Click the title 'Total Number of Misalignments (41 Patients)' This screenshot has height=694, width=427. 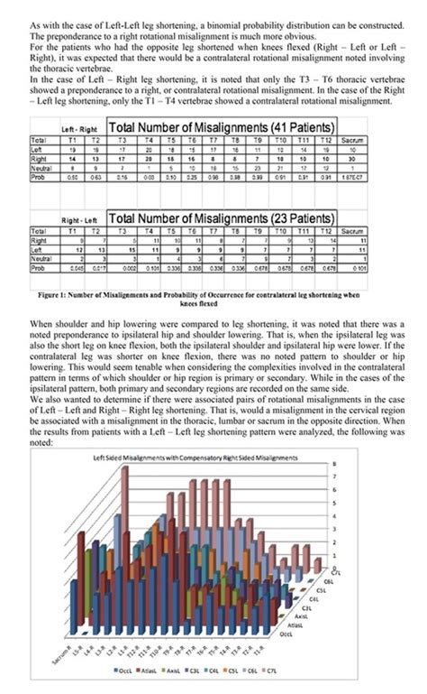(x=223, y=128)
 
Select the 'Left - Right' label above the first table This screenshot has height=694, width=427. (x=81, y=131)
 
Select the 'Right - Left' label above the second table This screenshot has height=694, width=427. (x=80, y=220)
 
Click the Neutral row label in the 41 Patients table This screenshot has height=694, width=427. (x=41, y=167)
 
